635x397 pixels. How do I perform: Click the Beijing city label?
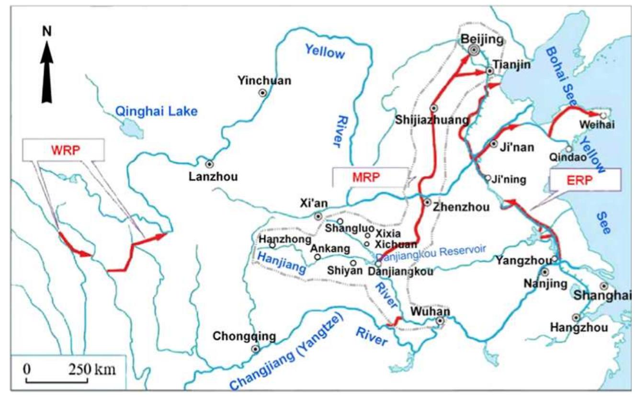point(474,39)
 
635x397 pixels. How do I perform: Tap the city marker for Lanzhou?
point(209,164)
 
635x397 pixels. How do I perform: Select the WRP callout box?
point(63,149)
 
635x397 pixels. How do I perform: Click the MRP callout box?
point(370,177)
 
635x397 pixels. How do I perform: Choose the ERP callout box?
point(585,180)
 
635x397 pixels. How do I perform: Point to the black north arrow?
point(46,72)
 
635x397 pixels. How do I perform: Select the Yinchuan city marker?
point(263,93)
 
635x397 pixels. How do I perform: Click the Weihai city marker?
point(603,115)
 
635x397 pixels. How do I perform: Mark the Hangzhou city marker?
point(576,317)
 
